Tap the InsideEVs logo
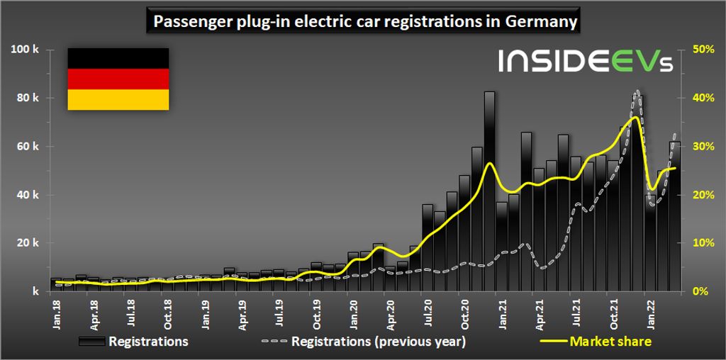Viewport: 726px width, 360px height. [x=586, y=61]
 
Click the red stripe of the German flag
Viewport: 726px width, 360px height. [x=118, y=79]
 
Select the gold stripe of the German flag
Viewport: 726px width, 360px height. [x=118, y=99]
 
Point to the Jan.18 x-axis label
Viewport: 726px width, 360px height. [x=57, y=310]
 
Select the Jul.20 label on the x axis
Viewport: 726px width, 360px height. [x=428, y=310]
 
